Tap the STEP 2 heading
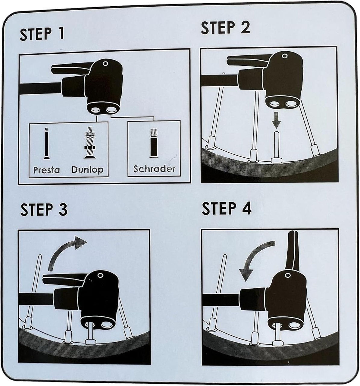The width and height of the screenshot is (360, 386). [x=225, y=28]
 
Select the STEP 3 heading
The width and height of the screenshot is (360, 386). [x=44, y=209]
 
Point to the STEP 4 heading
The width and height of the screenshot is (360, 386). [x=227, y=208]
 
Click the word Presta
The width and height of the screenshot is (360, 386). [x=46, y=170]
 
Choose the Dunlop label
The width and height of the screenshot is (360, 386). [x=87, y=170]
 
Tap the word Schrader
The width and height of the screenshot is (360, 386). [x=154, y=169]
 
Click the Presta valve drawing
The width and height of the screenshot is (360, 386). [x=46, y=144]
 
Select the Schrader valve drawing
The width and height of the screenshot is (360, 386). [x=153, y=143]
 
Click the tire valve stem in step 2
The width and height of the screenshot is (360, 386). [x=277, y=147]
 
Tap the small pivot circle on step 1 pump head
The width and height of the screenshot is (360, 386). [x=105, y=64]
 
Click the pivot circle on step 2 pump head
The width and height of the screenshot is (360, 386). [x=285, y=56]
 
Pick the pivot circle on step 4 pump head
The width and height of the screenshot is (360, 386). [x=287, y=275]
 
